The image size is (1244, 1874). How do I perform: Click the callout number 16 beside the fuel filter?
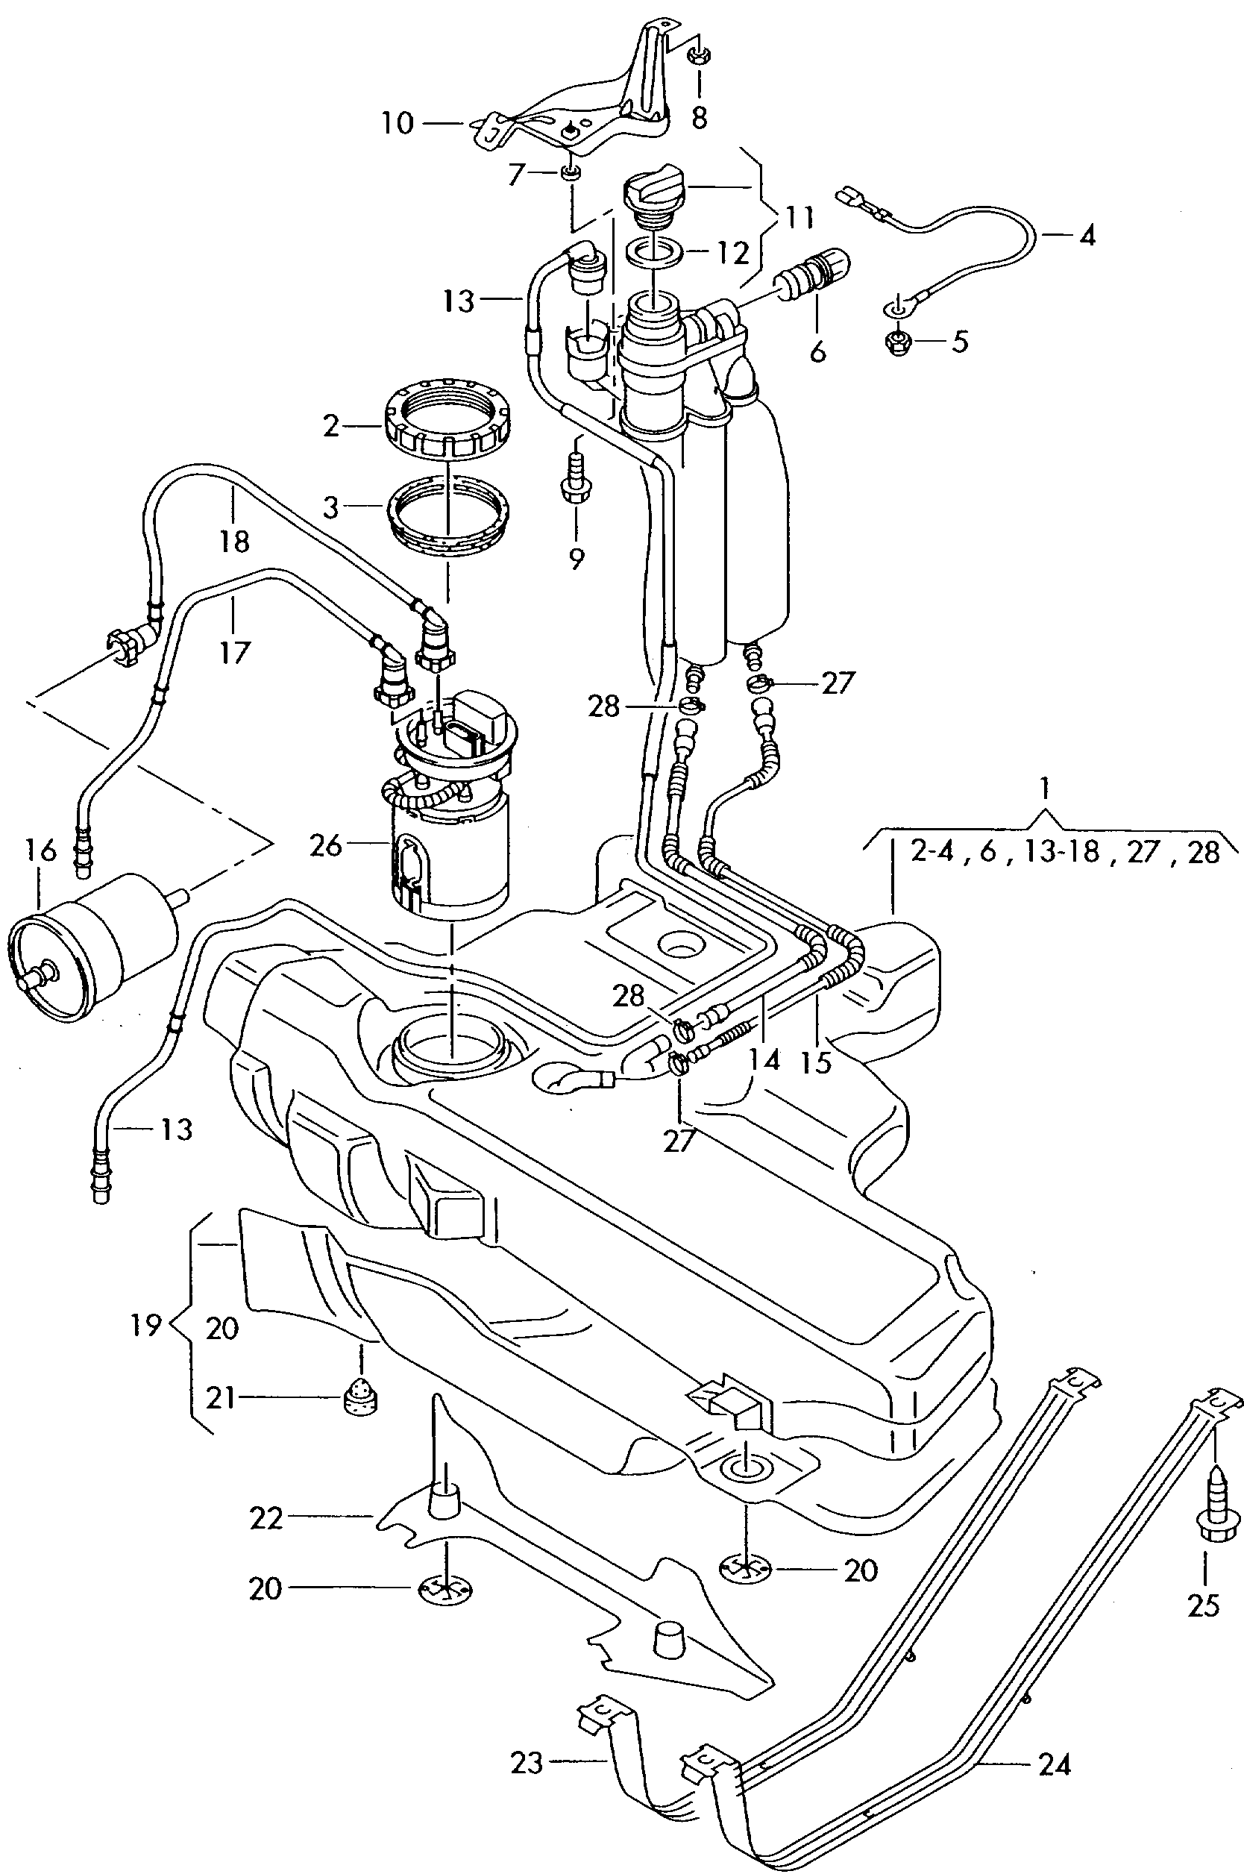click(40, 851)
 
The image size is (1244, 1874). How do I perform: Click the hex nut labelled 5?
click(898, 342)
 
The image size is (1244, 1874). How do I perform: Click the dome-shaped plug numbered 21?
click(361, 1397)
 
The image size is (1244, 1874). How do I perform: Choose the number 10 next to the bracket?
click(398, 123)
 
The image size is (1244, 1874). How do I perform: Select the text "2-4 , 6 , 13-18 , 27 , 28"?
click(1065, 851)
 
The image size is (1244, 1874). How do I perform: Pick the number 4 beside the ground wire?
click(1087, 236)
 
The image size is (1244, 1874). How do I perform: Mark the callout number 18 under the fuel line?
click(234, 541)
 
